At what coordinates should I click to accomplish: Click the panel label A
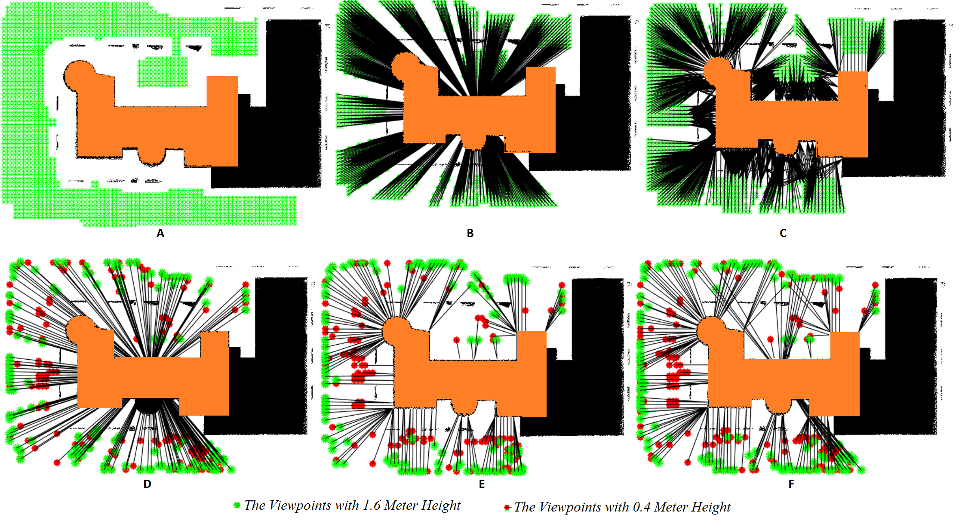tap(160, 233)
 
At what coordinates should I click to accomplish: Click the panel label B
tap(470, 233)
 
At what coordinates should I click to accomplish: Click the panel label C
tap(783, 233)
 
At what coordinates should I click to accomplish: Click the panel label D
tap(147, 484)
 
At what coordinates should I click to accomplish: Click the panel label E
tap(482, 484)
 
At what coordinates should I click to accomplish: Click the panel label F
tap(791, 484)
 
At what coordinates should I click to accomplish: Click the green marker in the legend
tap(237, 506)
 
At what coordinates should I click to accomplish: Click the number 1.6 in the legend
tap(372, 506)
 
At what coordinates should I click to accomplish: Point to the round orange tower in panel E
tap(396, 330)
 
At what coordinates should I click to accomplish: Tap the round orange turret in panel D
tap(81, 329)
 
